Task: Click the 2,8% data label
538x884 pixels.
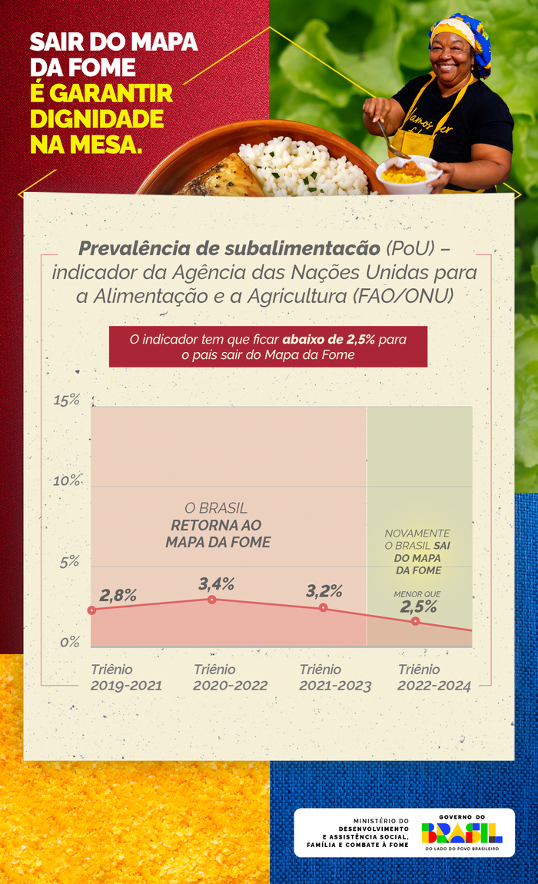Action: [x=118, y=594]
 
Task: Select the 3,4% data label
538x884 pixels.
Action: [x=216, y=583]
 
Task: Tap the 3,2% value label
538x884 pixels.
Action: [x=324, y=591]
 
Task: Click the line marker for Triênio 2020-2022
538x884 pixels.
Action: [x=212, y=600]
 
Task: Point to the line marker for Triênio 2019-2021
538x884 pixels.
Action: [x=91, y=610]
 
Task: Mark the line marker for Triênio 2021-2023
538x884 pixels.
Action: [x=323, y=608]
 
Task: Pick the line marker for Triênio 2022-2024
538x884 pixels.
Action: [x=416, y=621]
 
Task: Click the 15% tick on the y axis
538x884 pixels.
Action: [x=66, y=400]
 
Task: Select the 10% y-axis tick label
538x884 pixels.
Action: [x=66, y=481]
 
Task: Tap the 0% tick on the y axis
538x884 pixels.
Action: [x=70, y=642]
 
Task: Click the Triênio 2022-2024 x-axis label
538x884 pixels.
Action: [x=433, y=678]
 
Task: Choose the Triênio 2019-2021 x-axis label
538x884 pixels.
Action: [x=126, y=678]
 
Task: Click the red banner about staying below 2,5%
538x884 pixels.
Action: [x=267, y=347]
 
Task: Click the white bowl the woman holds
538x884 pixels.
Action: [x=407, y=175]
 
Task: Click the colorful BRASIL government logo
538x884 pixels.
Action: [x=462, y=832]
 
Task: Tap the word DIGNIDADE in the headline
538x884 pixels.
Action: [x=97, y=119]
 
